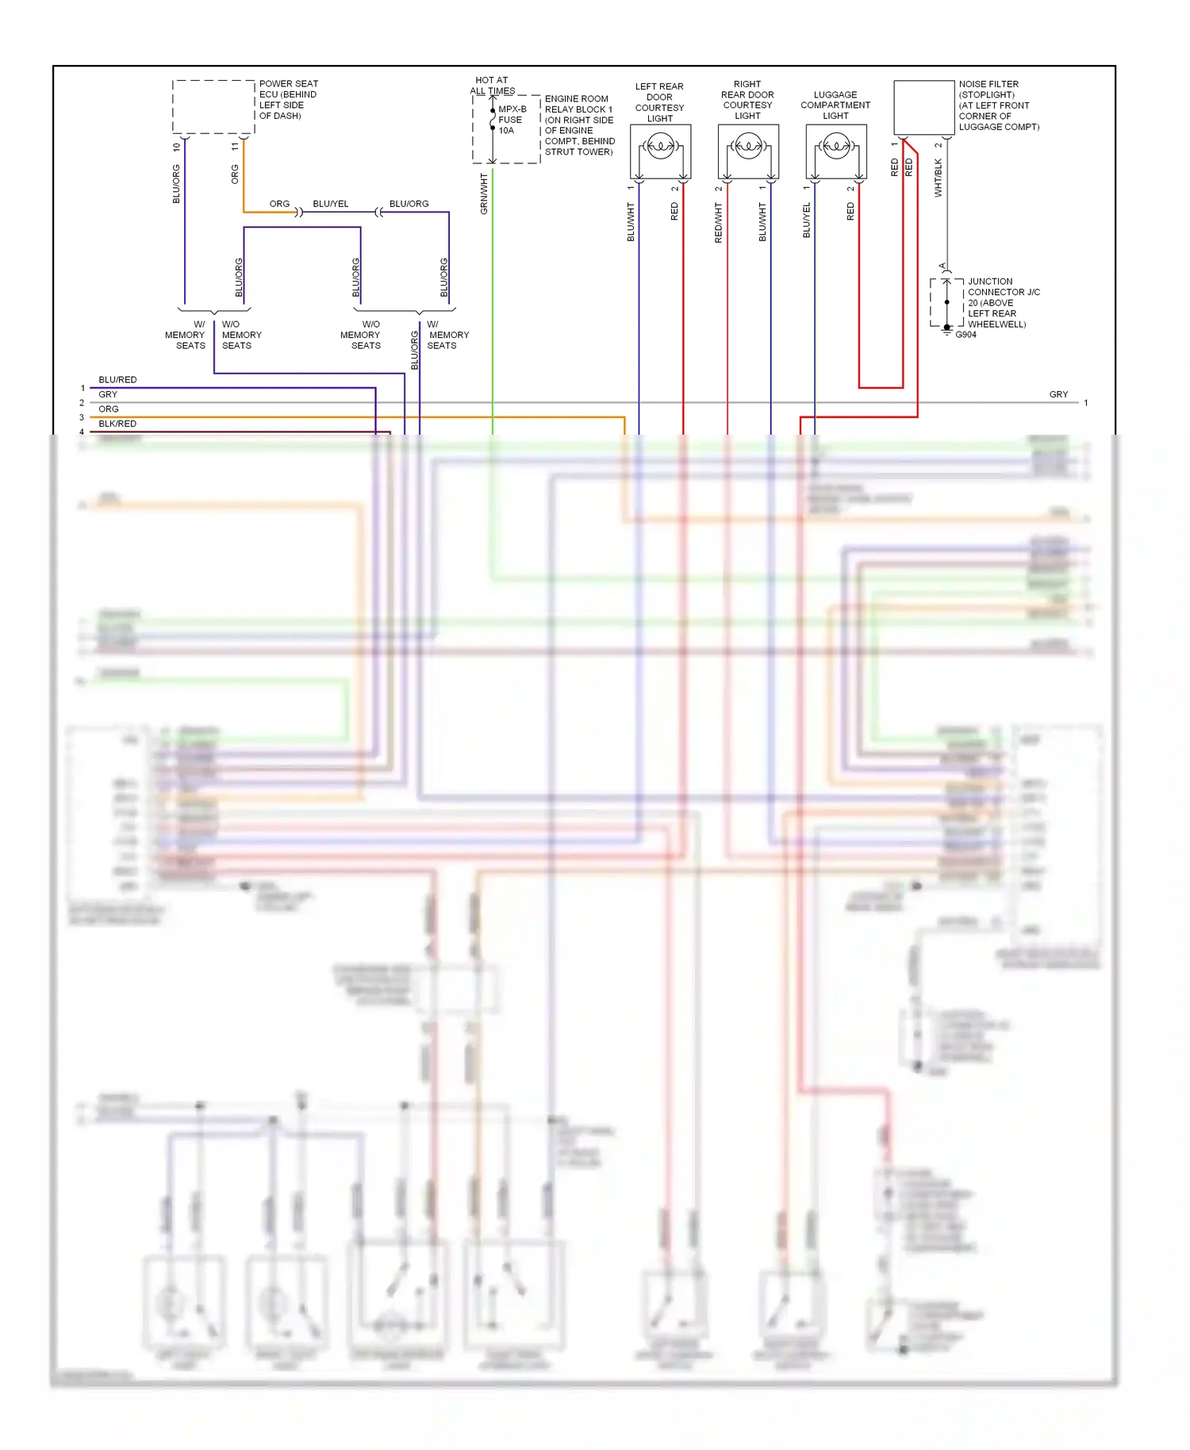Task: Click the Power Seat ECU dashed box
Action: [213, 106]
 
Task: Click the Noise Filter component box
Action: [923, 107]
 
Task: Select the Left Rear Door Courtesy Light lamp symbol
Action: [660, 146]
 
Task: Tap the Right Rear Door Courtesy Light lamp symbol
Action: [748, 146]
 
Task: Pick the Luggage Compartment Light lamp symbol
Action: [836, 146]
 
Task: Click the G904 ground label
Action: [965, 335]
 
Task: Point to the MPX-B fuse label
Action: [512, 109]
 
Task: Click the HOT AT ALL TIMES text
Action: [493, 85]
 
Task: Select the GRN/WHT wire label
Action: [484, 194]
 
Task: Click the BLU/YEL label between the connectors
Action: [330, 204]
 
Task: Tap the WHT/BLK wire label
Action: [939, 178]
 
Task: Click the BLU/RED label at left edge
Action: [117, 380]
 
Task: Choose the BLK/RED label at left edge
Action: [117, 424]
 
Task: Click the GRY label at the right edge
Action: [1058, 394]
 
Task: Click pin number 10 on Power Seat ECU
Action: [176, 147]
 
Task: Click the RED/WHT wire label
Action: [719, 222]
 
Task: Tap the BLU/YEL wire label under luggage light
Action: [807, 220]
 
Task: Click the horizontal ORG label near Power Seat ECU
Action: [279, 204]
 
